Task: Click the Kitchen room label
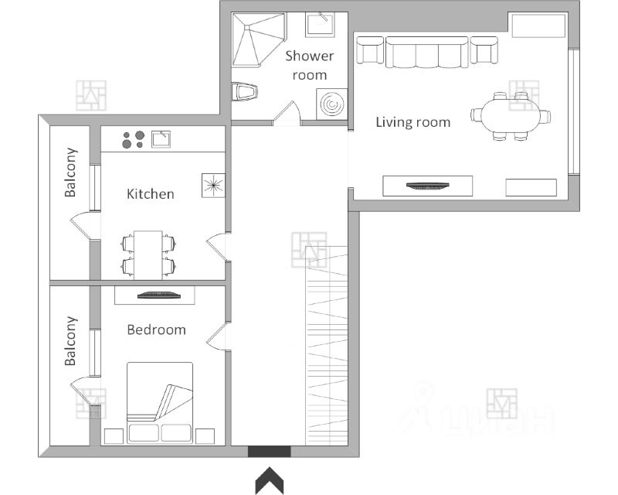pos(150,194)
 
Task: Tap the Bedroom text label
pos(156,329)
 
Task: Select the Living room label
pos(413,122)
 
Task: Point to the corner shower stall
pos(259,39)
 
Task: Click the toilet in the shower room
pos(244,92)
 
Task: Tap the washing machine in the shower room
pos(332,104)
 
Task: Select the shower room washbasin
pos(320,24)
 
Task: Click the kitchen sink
pos(161,139)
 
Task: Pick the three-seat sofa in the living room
pos(427,52)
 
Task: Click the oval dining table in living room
pos(511,116)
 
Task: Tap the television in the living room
pos(428,186)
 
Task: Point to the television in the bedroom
pos(159,295)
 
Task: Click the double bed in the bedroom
pos(160,402)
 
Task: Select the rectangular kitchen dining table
pos(148,255)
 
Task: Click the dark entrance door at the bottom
pos(269,452)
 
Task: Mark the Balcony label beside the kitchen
pos(70,172)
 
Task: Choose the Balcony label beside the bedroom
pos(70,341)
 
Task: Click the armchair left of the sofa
pos(370,49)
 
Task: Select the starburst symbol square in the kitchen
pos(213,185)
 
